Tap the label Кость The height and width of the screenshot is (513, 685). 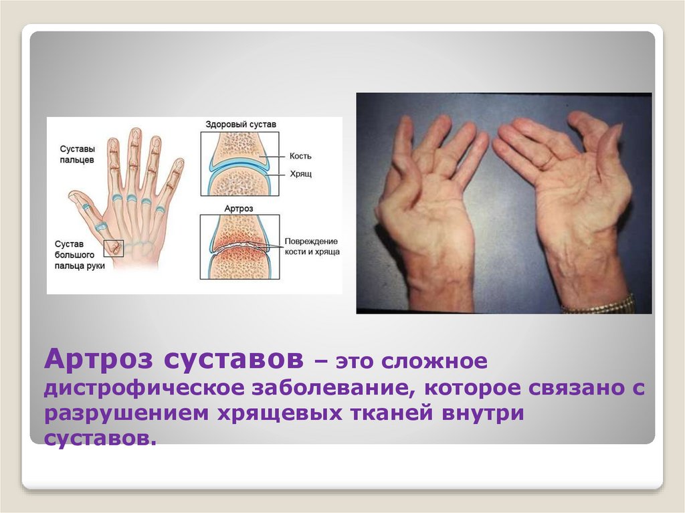(x=300, y=156)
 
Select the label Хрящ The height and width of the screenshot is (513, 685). (x=300, y=174)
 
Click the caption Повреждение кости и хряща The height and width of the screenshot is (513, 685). (x=312, y=246)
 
